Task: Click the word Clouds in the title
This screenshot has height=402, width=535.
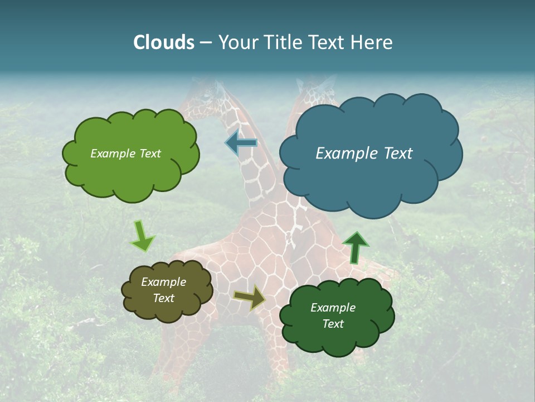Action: (163, 42)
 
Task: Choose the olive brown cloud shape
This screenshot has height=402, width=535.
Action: (167, 290)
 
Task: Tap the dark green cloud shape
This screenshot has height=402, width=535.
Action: (337, 316)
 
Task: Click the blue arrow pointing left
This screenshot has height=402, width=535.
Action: (241, 143)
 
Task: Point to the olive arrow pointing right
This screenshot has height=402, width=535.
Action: (249, 298)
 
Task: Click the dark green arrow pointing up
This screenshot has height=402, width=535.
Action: (356, 247)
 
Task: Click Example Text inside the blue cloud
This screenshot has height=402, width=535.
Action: (364, 154)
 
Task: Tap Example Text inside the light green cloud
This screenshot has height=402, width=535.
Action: (125, 154)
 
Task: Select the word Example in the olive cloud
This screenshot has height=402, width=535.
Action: (163, 282)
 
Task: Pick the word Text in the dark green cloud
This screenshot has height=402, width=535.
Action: (333, 324)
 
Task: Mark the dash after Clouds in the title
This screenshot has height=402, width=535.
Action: (206, 42)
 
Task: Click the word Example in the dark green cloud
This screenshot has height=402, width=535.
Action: (333, 308)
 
